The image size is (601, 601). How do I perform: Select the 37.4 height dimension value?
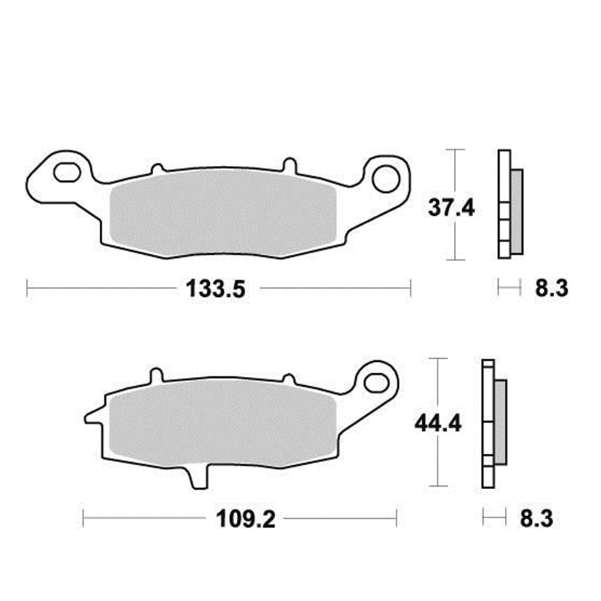point(451,208)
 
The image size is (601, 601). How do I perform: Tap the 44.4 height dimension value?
point(438,424)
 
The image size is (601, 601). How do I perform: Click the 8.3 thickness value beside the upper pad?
point(551,289)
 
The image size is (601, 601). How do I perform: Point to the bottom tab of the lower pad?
point(197,478)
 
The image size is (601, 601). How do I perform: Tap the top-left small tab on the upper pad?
point(157,168)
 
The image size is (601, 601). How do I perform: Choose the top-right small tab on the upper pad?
point(288,164)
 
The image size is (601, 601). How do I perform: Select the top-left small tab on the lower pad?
point(156,376)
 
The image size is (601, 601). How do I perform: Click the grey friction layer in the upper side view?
point(516,210)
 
